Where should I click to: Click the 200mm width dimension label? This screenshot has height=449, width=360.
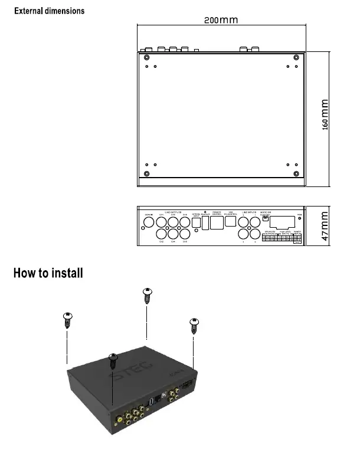pyautogui.click(x=221, y=19)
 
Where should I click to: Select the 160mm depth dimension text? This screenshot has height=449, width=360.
pyautogui.click(x=325, y=116)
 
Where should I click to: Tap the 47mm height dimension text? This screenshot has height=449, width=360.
pyautogui.click(x=325, y=227)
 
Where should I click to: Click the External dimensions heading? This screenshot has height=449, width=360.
pyautogui.click(x=49, y=11)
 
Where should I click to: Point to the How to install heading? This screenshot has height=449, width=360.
pyautogui.click(x=48, y=273)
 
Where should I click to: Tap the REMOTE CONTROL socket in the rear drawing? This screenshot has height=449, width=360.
pyautogui.click(x=217, y=222)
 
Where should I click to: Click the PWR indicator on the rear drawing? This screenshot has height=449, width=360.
pyautogui.click(x=299, y=219)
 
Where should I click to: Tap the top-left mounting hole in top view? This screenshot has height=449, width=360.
pyautogui.click(x=146, y=58)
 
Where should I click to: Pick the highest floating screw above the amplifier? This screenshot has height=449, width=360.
pyautogui.click(x=148, y=294)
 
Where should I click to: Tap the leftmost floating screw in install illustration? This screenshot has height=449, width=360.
pyautogui.click(x=67, y=319)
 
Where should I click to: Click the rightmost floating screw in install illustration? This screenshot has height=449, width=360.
pyautogui.click(x=194, y=325)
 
